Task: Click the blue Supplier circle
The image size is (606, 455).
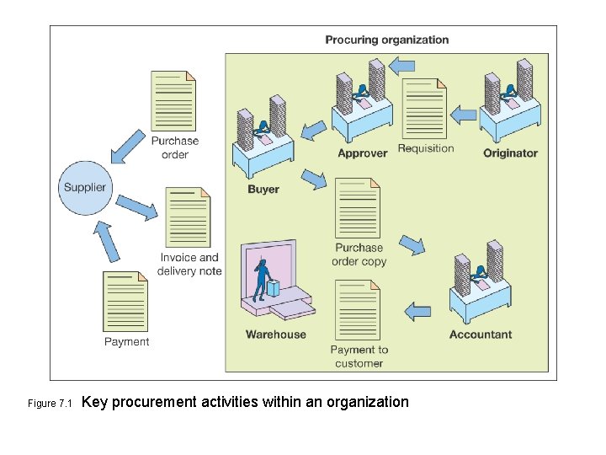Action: pyautogui.click(x=85, y=187)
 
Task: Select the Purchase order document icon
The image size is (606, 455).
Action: pyautogui.click(x=173, y=100)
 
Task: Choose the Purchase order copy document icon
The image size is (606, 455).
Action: pyautogui.click(x=358, y=207)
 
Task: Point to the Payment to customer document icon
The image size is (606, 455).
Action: pyautogui.click(x=358, y=310)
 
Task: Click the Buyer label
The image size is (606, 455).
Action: pyautogui.click(x=263, y=190)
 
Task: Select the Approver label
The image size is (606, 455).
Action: pyautogui.click(x=362, y=153)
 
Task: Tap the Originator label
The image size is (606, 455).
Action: pyautogui.click(x=510, y=153)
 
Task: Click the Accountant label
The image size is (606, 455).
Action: pyautogui.click(x=480, y=335)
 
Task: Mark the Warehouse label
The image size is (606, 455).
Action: pyautogui.click(x=276, y=335)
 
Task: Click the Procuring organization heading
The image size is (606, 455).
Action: pyautogui.click(x=387, y=40)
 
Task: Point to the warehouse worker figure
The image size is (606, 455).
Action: pyautogui.click(x=263, y=278)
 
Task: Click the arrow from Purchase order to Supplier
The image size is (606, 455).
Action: pyautogui.click(x=128, y=145)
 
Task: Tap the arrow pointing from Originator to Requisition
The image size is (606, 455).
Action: pyautogui.click(x=464, y=113)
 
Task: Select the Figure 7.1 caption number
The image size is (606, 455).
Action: pyautogui.click(x=52, y=404)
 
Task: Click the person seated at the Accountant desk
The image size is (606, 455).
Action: pyautogui.click(x=480, y=274)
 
